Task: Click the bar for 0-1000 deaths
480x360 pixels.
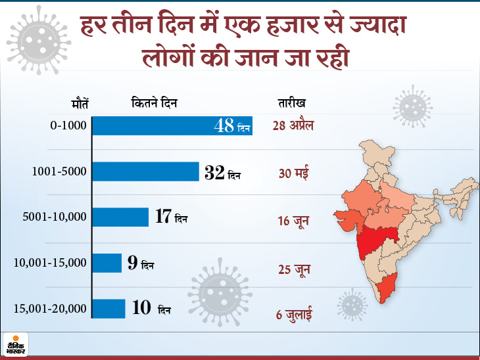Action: pyautogui.click(x=171, y=127)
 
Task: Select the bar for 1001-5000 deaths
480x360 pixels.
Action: pyautogui.click(x=145, y=172)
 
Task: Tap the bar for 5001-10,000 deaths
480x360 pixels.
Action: pyautogui.click(x=120, y=217)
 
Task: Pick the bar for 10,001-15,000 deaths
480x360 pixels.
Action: pyautogui.click(x=107, y=262)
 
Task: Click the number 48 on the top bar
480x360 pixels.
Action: pyautogui.click(x=224, y=126)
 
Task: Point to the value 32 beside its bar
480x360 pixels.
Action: pyautogui.click(x=214, y=173)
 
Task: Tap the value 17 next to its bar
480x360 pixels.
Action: pyautogui.click(x=163, y=217)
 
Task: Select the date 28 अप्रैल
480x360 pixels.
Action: pyautogui.click(x=293, y=126)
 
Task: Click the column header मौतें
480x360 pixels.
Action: pyautogui.click(x=80, y=103)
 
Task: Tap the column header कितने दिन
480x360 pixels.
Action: pyautogui.click(x=155, y=103)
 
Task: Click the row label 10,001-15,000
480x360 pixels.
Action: pyautogui.click(x=50, y=263)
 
